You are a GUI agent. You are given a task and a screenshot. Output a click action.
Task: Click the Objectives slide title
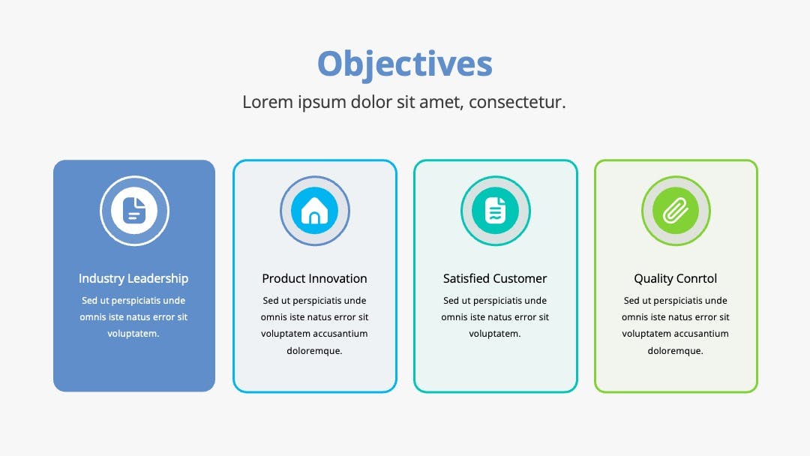click(x=404, y=64)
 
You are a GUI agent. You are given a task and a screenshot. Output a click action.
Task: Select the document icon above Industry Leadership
click(x=134, y=211)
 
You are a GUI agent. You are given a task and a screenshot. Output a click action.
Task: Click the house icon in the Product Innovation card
click(x=314, y=211)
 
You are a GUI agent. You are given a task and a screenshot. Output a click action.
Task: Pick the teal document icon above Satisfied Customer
click(x=496, y=211)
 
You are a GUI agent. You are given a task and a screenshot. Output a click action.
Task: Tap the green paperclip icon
click(x=676, y=211)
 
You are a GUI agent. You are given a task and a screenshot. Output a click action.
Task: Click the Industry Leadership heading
click(x=133, y=278)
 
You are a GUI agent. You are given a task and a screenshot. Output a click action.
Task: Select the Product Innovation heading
click(x=314, y=278)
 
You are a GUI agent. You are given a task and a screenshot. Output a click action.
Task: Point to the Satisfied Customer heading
click(x=495, y=278)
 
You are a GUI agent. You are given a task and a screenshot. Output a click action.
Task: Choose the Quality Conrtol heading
click(x=675, y=279)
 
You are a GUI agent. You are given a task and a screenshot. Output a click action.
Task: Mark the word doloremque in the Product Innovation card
click(x=314, y=351)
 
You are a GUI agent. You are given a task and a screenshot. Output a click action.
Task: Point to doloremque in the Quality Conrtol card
click(x=675, y=351)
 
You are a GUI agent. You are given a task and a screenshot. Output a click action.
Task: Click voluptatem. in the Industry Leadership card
click(x=133, y=334)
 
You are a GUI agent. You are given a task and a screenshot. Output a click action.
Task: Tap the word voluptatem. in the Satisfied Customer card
click(x=495, y=334)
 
